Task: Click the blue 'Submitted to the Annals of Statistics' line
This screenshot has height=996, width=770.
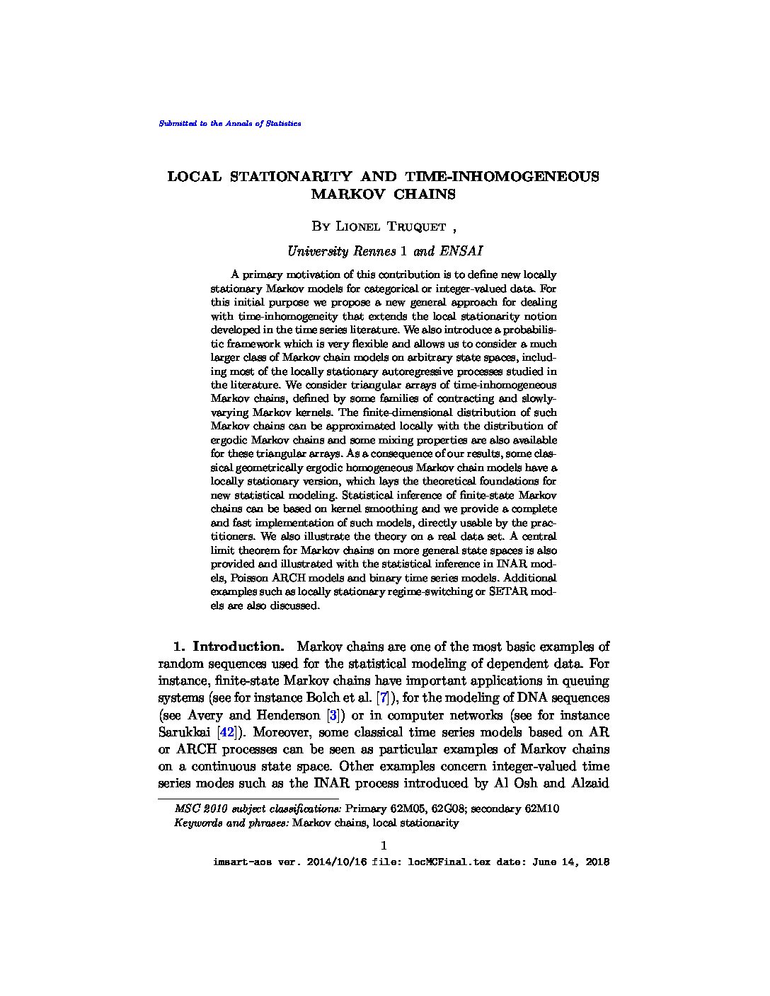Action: (230, 123)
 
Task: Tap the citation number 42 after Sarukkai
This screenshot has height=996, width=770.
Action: (227, 732)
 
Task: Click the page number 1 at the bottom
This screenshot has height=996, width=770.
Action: (384, 845)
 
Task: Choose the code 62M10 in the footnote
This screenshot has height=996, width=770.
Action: (541, 809)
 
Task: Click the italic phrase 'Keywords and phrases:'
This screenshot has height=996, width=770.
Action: (231, 823)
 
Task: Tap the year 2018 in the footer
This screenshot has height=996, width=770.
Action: (596, 862)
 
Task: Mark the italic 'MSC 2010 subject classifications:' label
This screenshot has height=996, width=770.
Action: (258, 809)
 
